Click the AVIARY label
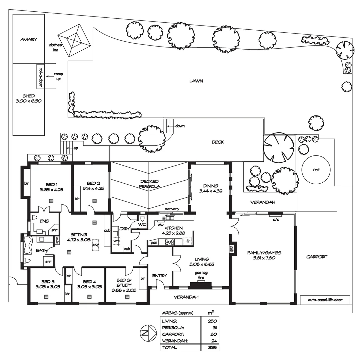pos(28,39)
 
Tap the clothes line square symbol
pos(74,41)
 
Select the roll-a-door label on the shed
pos(40,76)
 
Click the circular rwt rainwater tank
pos(316,170)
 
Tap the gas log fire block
pos(201,285)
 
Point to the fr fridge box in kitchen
pos(188,241)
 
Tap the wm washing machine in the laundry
pos(116,240)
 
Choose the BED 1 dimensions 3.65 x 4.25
pos(51,190)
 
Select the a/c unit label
pos(276,220)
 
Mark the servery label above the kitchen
pos(172,209)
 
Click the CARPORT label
pos(317,257)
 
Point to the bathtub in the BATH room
pos(27,241)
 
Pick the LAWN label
pos(196,81)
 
